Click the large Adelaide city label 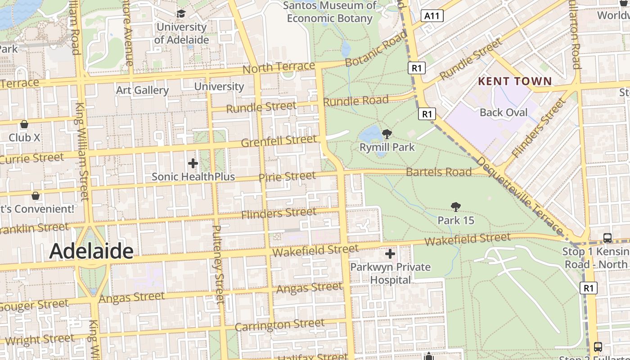coord(91,251)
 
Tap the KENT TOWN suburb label coord(515,81)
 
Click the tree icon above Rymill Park coord(387,134)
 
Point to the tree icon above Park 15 coord(455,207)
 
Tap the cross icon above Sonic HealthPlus coord(193,163)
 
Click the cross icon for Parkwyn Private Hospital coord(390,254)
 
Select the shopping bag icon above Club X coord(24,124)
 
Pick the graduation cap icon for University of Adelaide coord(181,14)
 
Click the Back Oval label coord(503,112)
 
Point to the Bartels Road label coord(439,172)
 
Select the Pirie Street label coord(287,176)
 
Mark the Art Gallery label coord(142,90)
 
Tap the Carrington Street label coord(279,324)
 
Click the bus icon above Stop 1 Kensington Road coord(607,238)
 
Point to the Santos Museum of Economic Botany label coord(330,12)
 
